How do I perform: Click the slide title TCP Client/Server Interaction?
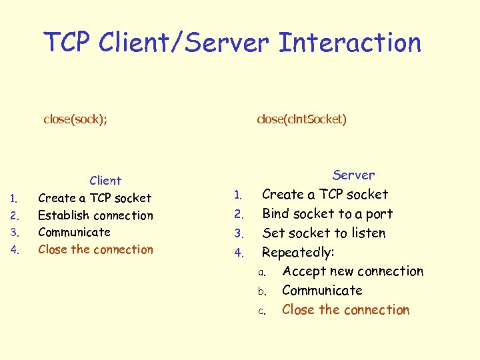tap(233, 43)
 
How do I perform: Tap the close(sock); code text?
tap(75, 119)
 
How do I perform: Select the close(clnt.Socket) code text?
tap(301, 119)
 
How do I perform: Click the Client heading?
tap(105, 181)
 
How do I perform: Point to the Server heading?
tap(353, 175)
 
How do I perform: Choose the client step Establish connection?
tap(95, 215)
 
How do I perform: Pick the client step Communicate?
tap(74, 232)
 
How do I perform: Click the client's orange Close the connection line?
tap(95, 249)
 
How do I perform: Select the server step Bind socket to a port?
tap(327, 214)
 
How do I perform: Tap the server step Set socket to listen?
tap(323, 233)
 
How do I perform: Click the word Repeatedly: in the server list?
tap(298, 253)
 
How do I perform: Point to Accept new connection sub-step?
tap(353, 271)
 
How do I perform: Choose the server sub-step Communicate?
tap(322, 291)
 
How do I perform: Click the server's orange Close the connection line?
tap(345, 310)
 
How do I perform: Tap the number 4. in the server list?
tap(239, 253)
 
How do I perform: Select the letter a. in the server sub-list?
tap(263, 272)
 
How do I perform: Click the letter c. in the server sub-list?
tap(263, 311)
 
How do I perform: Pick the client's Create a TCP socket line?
tap(95, 198)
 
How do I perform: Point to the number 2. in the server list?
tap(239, 215)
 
